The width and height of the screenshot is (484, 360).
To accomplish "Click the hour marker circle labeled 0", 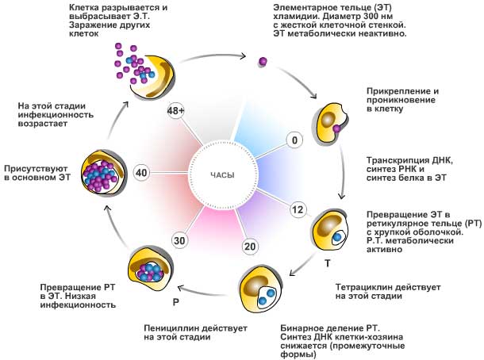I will point(294,140).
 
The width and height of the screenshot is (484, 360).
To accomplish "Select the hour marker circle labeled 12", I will point(298,209).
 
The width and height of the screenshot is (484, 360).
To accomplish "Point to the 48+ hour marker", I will point(176,111).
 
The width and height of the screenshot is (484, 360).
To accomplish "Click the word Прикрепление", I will point(398,91).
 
